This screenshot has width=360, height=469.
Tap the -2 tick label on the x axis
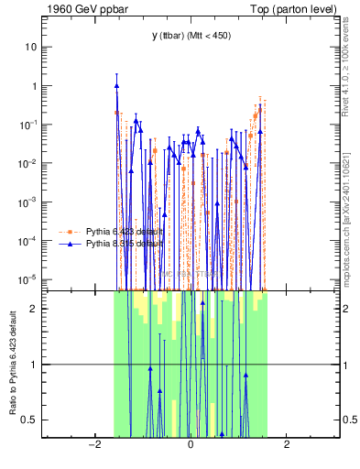click(x=93, y=445)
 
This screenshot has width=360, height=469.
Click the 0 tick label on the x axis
click(x=190, y=445)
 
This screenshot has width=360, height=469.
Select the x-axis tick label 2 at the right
click(x=287, y=445)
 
